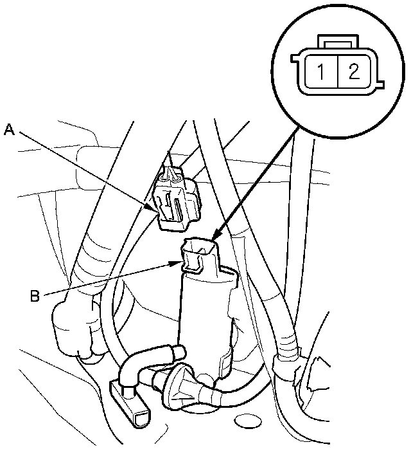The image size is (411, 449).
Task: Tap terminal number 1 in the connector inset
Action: click(x=319, y=71)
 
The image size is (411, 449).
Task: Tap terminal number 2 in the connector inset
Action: click(x=353, y=71)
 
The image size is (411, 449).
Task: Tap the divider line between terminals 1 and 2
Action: click(x=336, y=71)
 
